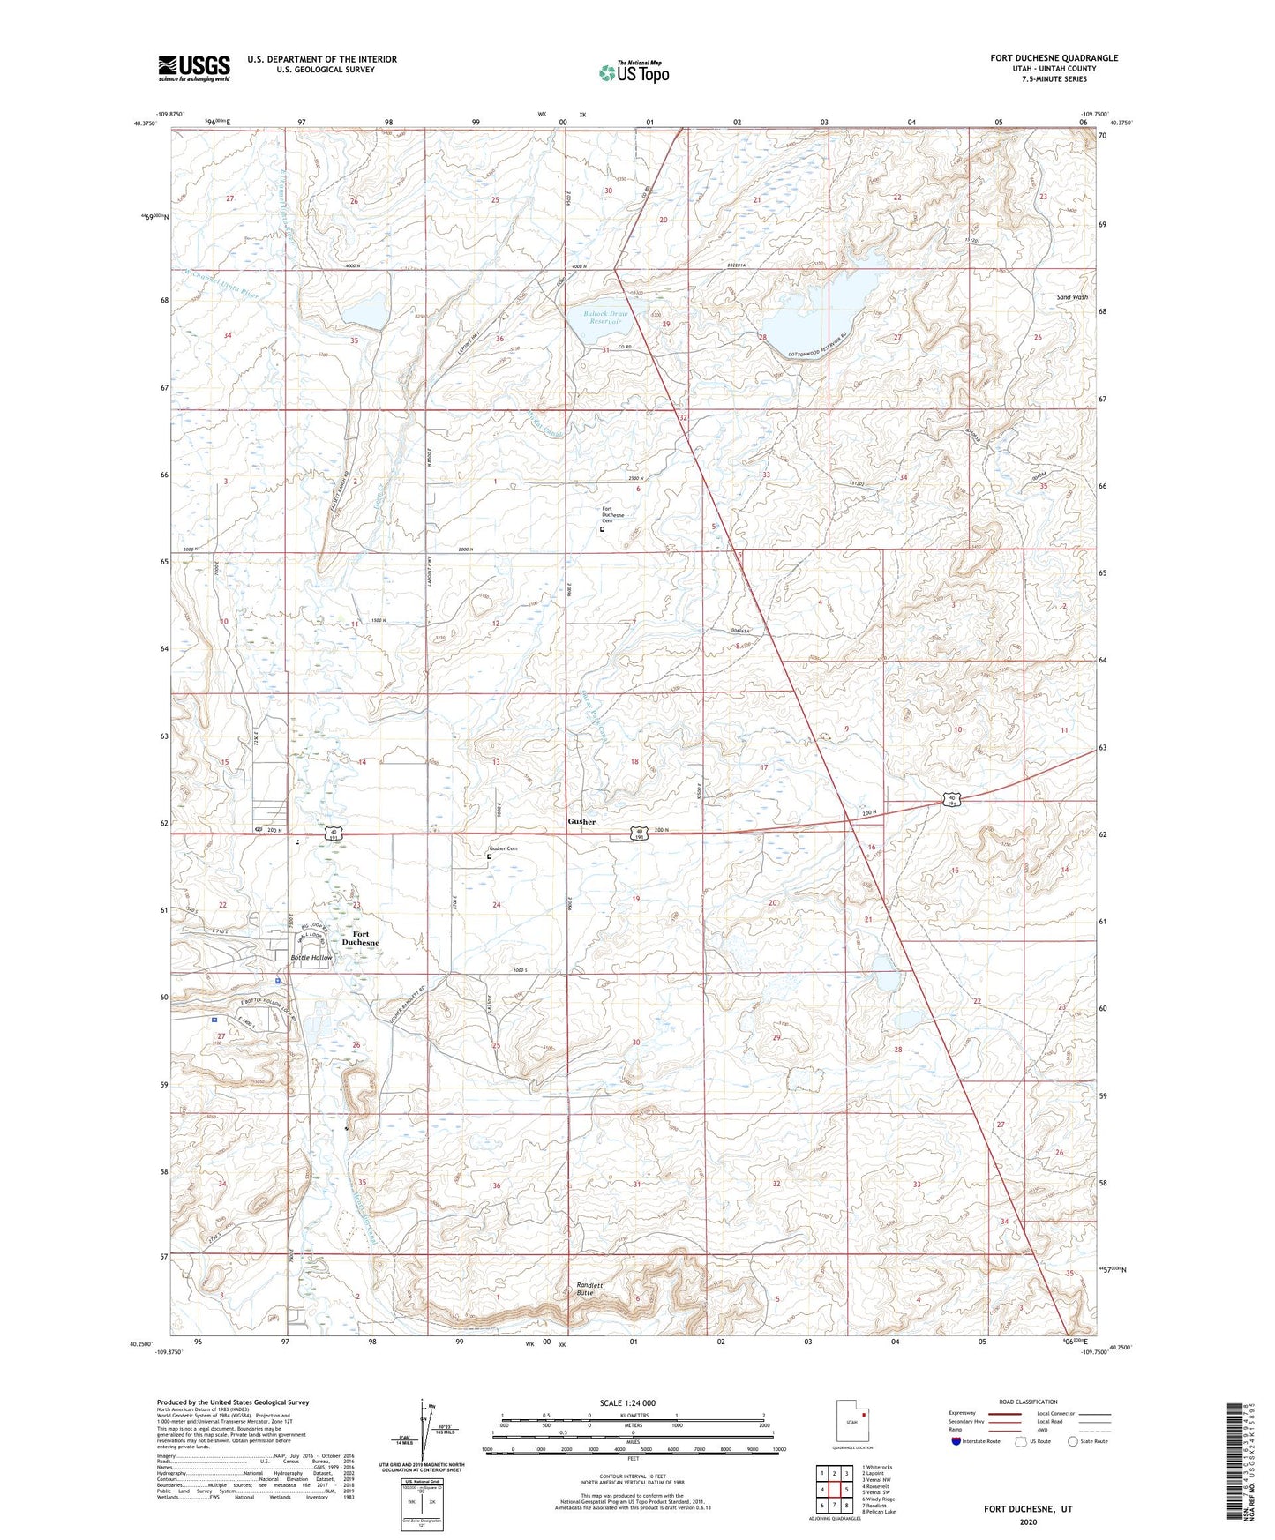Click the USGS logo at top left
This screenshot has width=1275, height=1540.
(193, 68)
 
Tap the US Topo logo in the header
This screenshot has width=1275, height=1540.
(633, 72)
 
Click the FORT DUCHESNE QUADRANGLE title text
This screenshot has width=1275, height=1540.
(1054, 58)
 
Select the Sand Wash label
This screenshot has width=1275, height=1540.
(1072, 297)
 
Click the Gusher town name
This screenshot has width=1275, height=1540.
(581, 821)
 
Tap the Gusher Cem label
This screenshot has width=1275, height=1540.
(503, 848)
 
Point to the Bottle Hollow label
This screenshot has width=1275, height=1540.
(311, 957)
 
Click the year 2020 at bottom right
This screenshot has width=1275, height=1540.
(1028, 1521)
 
